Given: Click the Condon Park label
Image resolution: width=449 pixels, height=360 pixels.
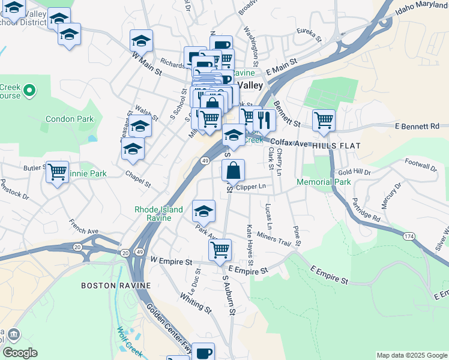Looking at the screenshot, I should click(70, 119).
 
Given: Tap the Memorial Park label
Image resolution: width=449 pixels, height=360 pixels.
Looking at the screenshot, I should click(324, 182).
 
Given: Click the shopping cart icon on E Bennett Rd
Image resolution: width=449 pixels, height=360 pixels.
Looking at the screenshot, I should click(324, 120).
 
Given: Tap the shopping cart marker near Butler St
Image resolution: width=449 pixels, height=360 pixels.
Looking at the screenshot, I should click(57, 172).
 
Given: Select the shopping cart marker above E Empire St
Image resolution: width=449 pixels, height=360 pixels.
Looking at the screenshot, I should click(220, 248).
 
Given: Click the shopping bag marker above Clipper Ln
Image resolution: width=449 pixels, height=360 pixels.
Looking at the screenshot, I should click(233, 170).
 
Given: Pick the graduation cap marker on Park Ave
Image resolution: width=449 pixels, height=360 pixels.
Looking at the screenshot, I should click(203, 211).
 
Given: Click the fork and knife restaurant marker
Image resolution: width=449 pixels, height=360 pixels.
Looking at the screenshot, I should click(264, 119).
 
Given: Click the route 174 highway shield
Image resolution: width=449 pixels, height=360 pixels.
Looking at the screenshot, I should click(409, 237).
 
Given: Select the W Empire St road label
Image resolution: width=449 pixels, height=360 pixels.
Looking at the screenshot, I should click(171, 262).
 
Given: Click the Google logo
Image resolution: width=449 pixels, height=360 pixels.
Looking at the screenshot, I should click(20, 353).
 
